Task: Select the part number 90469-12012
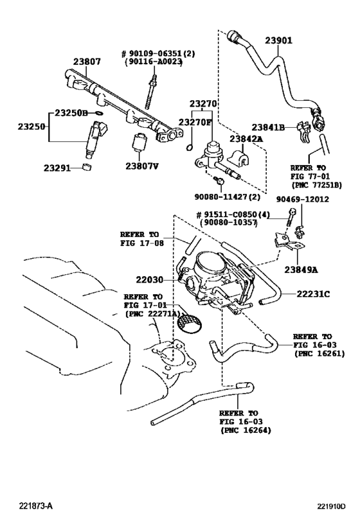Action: [302, 200]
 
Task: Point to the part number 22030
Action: [149, 280]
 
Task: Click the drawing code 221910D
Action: [330, 506]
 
